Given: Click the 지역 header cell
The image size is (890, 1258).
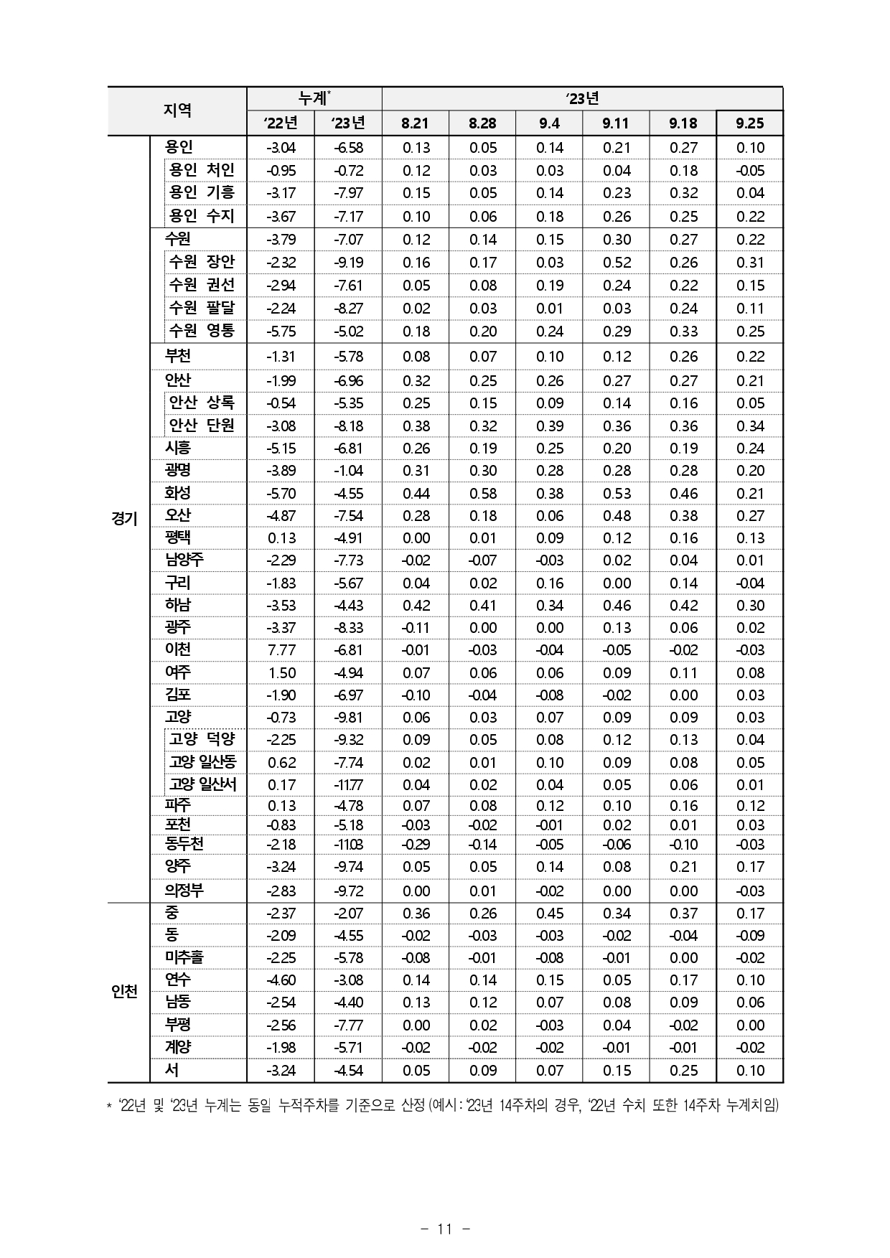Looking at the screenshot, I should [177, 111].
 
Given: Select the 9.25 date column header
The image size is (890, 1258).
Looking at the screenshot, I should [749, 123].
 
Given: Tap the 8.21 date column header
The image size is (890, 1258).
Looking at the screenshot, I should [415, 123].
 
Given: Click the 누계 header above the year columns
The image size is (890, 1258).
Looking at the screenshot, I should [314, 98].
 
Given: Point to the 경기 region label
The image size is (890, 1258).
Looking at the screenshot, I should [125, 518].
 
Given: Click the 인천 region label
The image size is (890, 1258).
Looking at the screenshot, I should [125, 992].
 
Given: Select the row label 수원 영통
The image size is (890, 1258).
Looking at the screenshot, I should [202, 331].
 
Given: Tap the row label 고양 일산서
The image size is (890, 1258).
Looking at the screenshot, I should [202, 784].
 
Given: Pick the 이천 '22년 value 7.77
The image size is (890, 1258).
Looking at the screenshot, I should [281, 650].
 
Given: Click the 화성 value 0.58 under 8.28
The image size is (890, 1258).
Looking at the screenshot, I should [482, 494].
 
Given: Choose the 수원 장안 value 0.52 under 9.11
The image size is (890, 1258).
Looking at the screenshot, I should [616, 263].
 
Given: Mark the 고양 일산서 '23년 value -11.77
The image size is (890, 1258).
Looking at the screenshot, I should [348, 785].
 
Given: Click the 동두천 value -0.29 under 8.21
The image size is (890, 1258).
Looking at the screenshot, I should [415, 845].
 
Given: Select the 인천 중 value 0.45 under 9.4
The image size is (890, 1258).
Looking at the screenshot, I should [549, 914].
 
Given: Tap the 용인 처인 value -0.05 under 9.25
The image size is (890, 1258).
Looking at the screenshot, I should [749, 171].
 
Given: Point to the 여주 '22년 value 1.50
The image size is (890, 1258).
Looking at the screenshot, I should [281, 673].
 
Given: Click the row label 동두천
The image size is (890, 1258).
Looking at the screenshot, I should [184, 844].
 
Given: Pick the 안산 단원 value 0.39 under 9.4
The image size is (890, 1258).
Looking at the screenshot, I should [549, 426].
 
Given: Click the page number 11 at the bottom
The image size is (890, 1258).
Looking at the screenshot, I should [444, 1229].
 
